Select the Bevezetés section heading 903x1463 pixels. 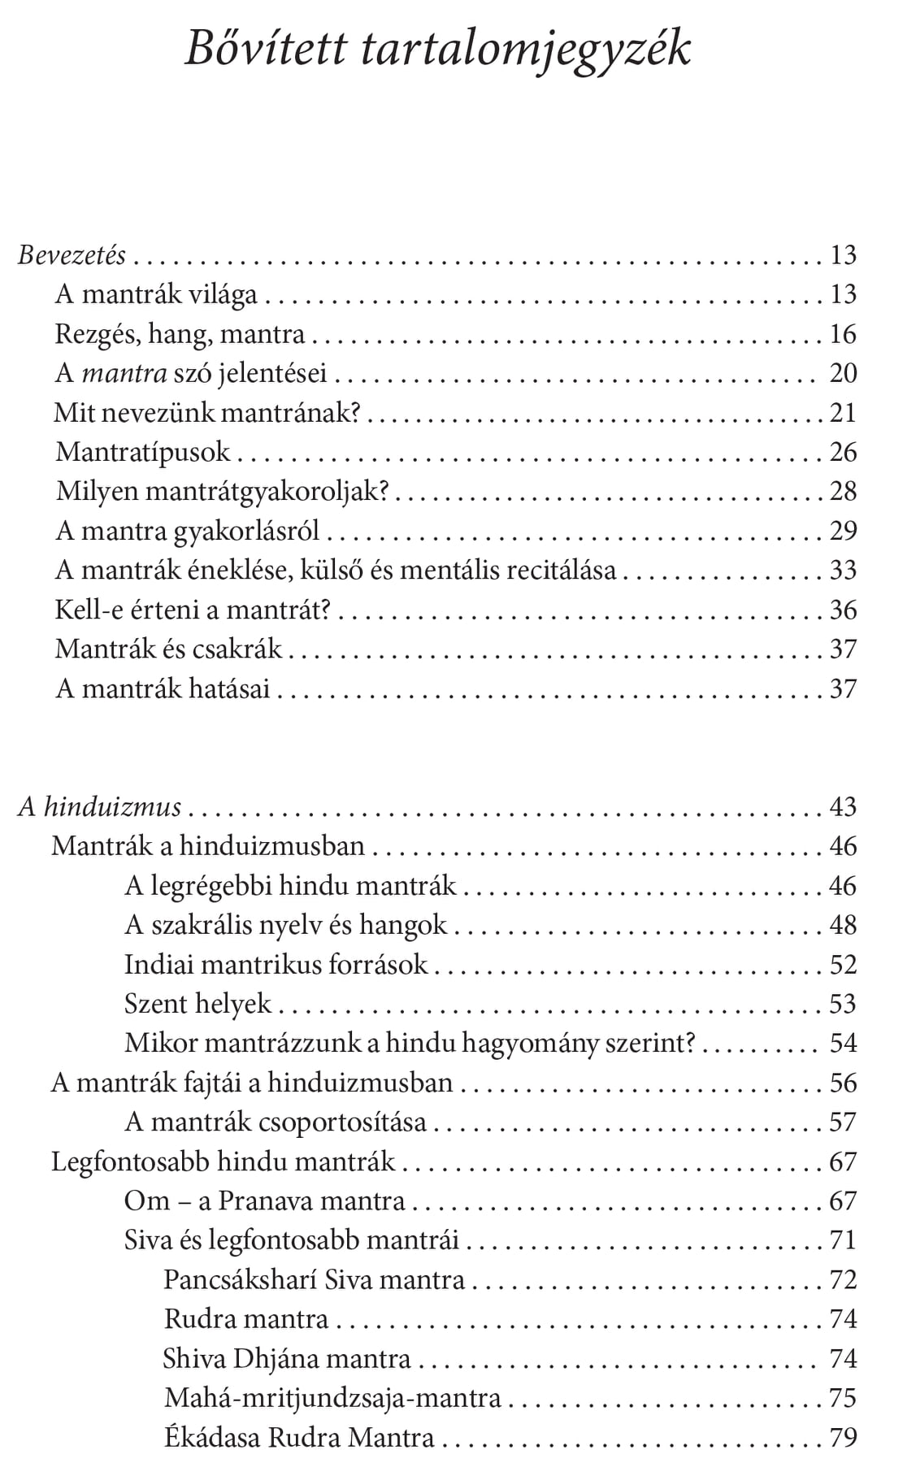pyautogui.click(x=72, y=255)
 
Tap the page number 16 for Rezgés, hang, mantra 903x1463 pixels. pyautogui.click(x=844, y=334)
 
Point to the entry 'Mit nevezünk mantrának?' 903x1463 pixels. pyautogui.click(x=207, y=413)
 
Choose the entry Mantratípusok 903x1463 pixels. pyautogui.click(x=143, y=452)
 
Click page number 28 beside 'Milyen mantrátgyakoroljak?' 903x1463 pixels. pyautogui.click(x=844, y=491)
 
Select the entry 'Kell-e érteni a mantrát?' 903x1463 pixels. pyautogui.click(x=193, y=610)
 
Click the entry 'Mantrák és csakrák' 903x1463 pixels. pyautogui.click(x=168, y=649)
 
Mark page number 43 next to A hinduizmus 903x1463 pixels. pyautogui.click(x=844, y=807)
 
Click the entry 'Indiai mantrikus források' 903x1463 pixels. pyautogui.click(x=276, y=965)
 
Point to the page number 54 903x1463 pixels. pyautogui.click(x=844, y=1043)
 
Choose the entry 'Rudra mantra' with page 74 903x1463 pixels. pyautogui.click(x=246, y=1318)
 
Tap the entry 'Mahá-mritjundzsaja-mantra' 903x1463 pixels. pyautogui.click(x=332, y=1398)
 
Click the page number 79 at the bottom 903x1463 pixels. pyautogui.click(x=844, y=1437)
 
